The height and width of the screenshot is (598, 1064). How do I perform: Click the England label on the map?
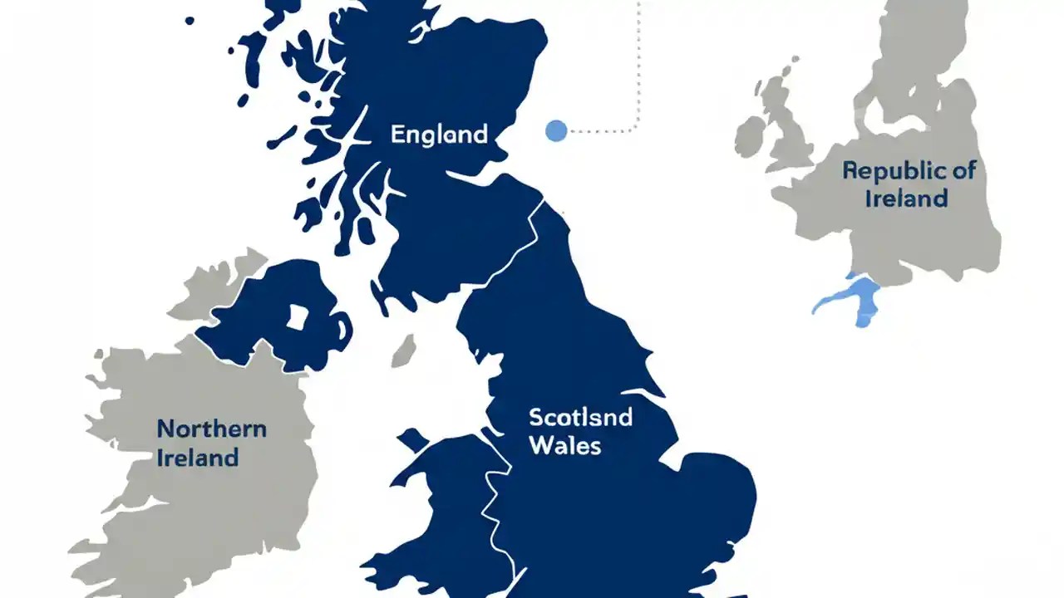[x=439, y=135]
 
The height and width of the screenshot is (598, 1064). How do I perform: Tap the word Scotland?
[x=580, y=416]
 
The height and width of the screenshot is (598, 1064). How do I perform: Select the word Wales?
[x=564, y=445]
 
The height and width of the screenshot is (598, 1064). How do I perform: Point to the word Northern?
[x=212, y=429]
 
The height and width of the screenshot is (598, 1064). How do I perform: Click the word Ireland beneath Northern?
[x=198, y=458]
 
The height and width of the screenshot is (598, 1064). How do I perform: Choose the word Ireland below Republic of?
[x=906, y=199]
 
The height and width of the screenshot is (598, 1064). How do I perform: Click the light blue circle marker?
[x=556, y=130]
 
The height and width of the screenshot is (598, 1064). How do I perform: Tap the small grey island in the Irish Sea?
[x=404, y=350]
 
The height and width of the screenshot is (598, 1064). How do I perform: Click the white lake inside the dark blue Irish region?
[x=297, y=316]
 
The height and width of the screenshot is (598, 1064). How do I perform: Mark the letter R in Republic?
[x=850, y=171]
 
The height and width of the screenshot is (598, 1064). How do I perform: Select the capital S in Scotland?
[x=535, y=416]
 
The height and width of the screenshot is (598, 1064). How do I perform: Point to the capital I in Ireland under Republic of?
[x=869, y=199]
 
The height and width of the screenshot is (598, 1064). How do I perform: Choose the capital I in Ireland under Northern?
[x=160, y=458]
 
